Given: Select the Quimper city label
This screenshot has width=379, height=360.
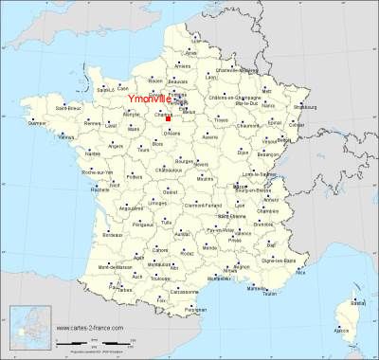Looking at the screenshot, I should (x=38, y=123).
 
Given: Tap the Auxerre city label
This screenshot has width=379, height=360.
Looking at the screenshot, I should (x=210, y=137).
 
